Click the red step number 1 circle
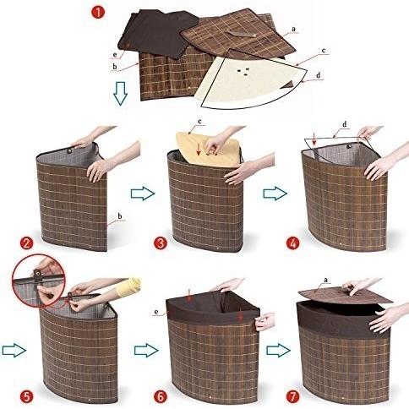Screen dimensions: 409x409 [x=97, y=13]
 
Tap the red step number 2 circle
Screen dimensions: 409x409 [x=27, y=243]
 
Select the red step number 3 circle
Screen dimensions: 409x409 [x=161, y=243]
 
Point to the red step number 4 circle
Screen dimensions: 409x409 [x=293, y=243]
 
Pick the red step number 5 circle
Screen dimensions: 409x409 [x=27, y=396]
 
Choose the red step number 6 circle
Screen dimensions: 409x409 [x=161, y=396]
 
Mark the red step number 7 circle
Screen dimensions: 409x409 [x=293, y=396]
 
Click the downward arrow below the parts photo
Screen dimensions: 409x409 [x=121, y=94]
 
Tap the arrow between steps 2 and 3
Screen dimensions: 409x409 [x=143, y=194]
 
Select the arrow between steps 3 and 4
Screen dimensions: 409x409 [x=275, y=194]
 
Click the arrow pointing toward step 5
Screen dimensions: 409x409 [x=14, y=351]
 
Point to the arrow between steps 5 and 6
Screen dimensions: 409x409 [x=146, y=351]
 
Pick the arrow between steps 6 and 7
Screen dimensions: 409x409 [x=279, y=351]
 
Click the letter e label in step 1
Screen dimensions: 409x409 [x=115, y=54]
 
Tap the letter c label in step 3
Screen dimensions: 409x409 [x=199, y=122]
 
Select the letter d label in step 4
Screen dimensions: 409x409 [x=345, y=124]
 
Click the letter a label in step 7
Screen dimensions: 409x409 [x=326, y=280]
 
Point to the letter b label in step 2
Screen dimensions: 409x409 [x=120, y=216]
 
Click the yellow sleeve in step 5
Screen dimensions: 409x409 [x=129, y=287]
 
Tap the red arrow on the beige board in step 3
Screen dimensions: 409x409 [x=199, y=150]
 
